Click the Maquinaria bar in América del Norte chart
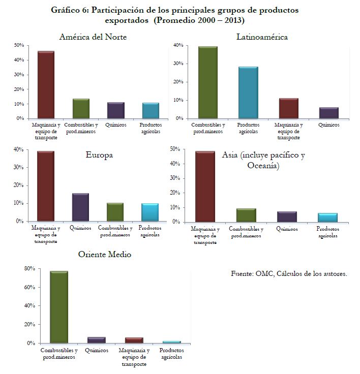pos(46,84)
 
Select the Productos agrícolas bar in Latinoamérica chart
pos(249,92)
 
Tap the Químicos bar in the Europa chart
pos(80,207)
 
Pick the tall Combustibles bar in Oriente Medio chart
pos(58,307)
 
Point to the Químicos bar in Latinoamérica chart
pos(329,113)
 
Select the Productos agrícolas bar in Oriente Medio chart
pos(171,342)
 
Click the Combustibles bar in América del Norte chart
pos(80,108)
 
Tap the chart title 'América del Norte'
pos(93,37)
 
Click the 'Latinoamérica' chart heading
pos(262,37)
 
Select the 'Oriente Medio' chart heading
pos(104,254)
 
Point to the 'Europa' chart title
pos(99,155)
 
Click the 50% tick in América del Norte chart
pos(19,45)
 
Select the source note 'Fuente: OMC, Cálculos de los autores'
pos(289,274)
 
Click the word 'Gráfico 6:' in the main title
pos(69,10)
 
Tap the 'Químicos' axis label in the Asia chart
pos(287,229)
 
